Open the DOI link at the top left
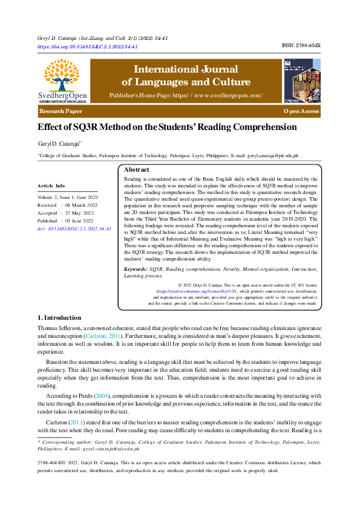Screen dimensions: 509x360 87,47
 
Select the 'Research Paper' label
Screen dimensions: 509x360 61,112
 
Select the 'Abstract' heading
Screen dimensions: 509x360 136,170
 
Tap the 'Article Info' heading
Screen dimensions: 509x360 51,186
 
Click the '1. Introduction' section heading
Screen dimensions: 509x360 59,318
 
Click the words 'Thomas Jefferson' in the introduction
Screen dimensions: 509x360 57,327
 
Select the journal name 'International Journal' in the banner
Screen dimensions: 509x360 186,70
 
